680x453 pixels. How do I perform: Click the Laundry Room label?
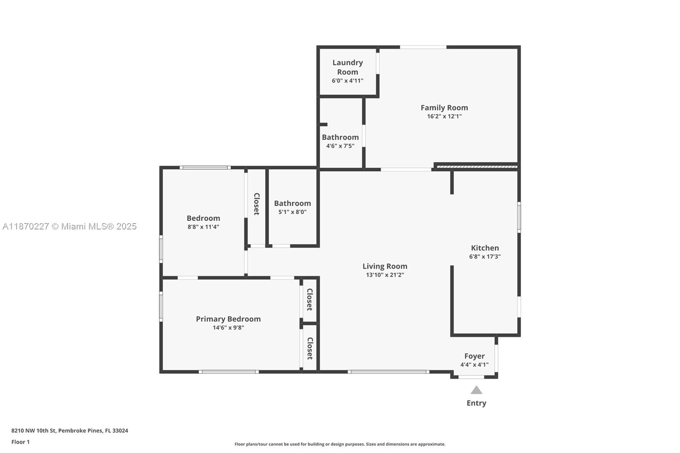click(x=348, y=67)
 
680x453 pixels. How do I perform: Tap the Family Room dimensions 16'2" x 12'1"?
click(x=444, y=116)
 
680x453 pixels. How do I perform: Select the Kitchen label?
click(x=485, y=248)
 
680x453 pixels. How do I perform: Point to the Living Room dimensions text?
click(x=385, y=275)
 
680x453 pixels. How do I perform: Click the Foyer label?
click(x=474, y=356)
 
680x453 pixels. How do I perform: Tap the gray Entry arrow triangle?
click(x=476, y=390)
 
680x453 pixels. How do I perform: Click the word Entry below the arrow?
click(x=476, y=403)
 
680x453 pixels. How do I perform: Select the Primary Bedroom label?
click(x=228, y=319)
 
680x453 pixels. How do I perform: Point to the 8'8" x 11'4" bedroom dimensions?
click(x=203, y=227)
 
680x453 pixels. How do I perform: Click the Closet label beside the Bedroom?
click(x=257, y=204)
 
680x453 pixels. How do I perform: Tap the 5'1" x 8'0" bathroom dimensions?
click(x=292, y=212)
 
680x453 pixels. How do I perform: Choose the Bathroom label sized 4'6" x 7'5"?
click(x=340, y=137)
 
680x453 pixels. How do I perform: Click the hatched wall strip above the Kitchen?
click(x=476, y=167)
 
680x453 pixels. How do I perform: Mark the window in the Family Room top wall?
click(x=423, y=47)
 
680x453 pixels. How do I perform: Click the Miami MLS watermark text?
click(x=70, y=226)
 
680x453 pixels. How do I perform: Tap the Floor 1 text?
click(x=21, y=442)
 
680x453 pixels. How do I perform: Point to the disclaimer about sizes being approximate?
click(x=340, y=444)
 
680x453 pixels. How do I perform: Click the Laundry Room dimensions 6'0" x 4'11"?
click(x=348, y=81)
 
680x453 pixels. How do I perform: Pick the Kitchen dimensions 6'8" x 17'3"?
click(x=485, y=257)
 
